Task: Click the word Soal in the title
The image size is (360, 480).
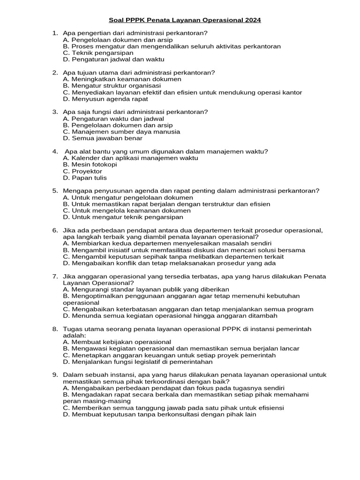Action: point(116,20)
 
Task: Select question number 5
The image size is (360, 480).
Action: point(55,191)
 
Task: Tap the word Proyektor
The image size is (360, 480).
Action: point(87,171)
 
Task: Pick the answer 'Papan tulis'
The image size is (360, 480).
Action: point(89,178)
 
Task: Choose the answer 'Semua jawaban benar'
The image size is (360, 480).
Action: point(103,138)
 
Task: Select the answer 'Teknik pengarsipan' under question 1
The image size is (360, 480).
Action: point(98,53)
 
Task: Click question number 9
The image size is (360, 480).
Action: point(55,375)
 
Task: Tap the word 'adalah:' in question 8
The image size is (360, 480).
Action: point(75,336)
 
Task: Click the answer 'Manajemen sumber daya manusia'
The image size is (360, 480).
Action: point(121,132)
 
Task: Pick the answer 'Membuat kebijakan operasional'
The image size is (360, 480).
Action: point(117,342)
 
